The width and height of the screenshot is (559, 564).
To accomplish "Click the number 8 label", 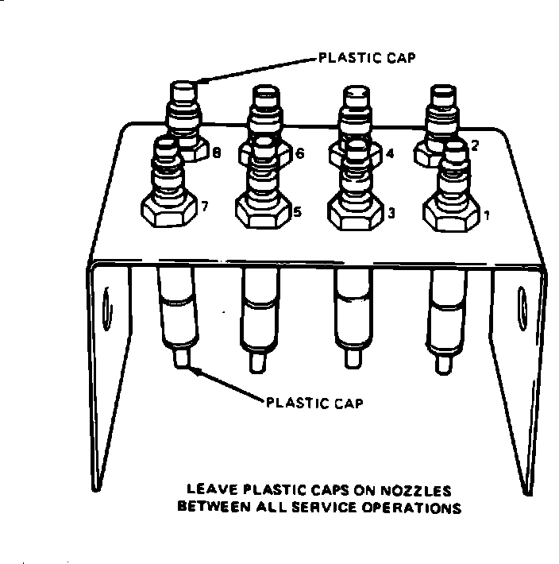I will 217,153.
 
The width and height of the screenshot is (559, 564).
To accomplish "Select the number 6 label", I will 299,153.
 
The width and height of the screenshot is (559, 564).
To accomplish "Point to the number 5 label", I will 298,212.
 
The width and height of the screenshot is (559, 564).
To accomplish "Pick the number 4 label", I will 388,153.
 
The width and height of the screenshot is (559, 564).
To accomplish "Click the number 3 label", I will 391,214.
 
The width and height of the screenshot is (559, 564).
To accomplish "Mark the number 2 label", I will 474,145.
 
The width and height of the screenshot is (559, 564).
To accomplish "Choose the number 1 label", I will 486,214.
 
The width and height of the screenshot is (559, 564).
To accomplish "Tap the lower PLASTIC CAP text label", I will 314,403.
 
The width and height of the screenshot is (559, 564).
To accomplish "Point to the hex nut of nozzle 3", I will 353,213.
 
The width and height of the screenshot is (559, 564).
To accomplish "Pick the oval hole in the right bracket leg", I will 522,305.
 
